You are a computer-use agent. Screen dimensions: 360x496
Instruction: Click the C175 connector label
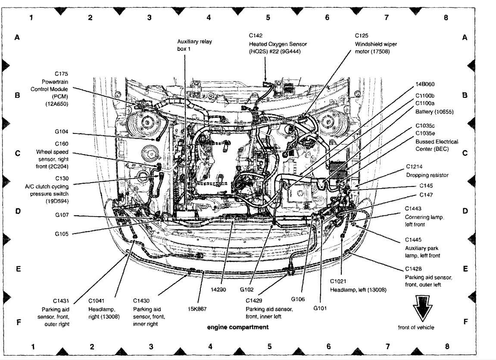point(61,74)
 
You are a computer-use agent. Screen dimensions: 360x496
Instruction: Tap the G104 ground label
point(61,132)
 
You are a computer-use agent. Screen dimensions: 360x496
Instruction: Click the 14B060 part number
point(424,84)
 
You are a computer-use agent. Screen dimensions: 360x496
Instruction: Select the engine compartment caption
point(237,327)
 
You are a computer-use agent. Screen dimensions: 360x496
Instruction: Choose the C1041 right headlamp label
point(104,309)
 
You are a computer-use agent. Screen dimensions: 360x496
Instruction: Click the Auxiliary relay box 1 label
point(194,45)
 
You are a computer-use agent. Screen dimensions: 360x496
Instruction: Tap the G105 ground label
point(62,234)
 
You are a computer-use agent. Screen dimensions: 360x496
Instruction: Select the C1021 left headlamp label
point(358,286)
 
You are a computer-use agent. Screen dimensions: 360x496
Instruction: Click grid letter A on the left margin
point(17,37)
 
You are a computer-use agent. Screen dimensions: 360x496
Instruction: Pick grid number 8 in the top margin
point(446,18)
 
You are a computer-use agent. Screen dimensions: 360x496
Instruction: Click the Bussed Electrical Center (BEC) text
point(437,145)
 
